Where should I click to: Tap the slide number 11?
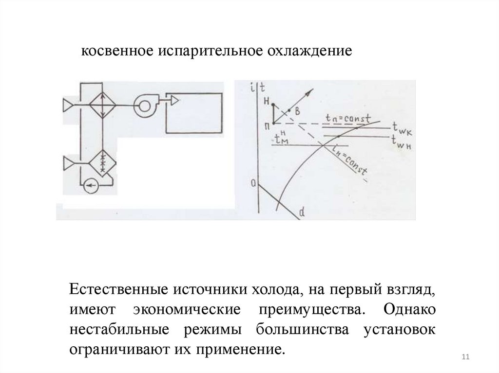click(464, 358)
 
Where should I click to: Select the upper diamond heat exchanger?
click(102, 104)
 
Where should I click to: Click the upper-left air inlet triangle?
click(68, 105)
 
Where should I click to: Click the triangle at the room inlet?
click(174, 100)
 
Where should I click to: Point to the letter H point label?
click(266, 101)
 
